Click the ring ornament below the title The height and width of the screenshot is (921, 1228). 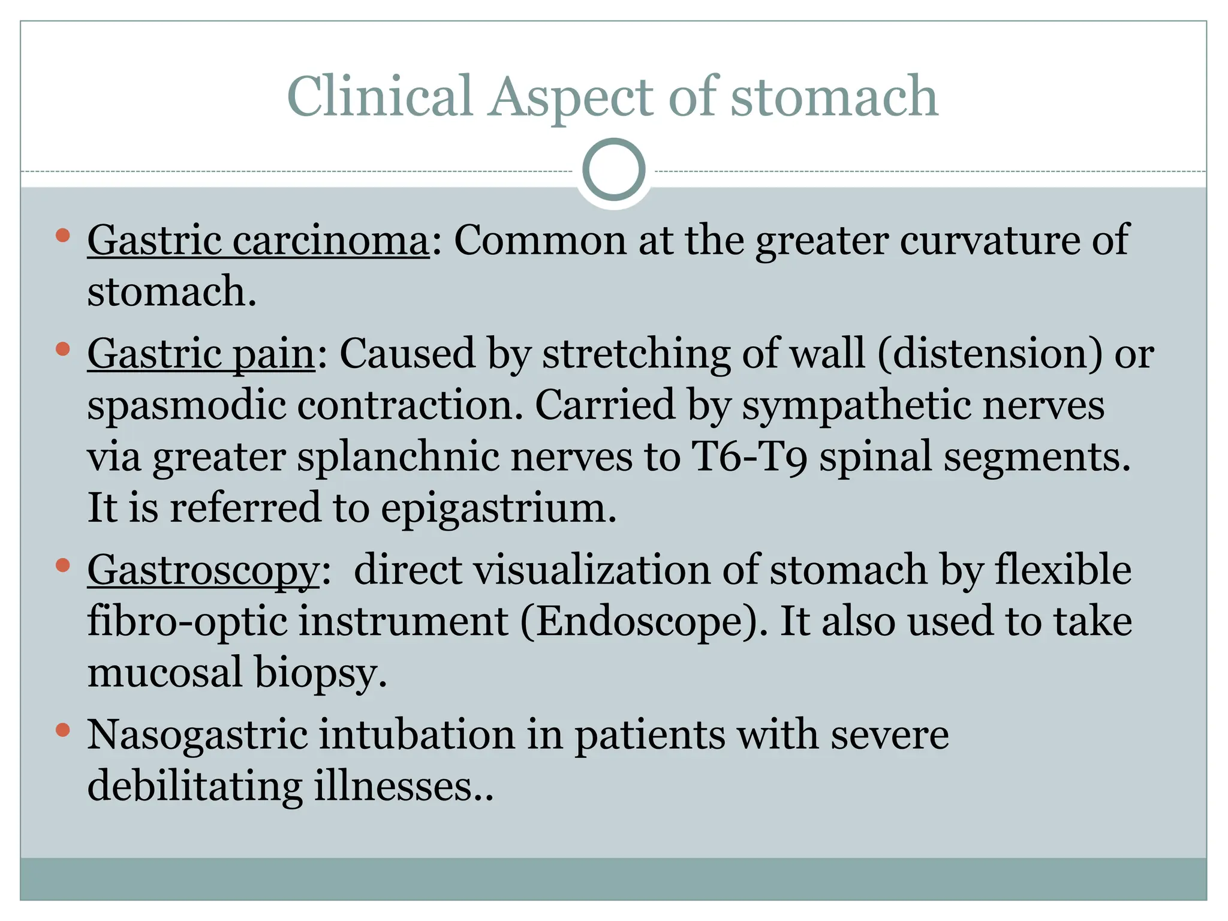[x=613, y=170]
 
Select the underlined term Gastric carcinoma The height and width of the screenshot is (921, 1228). [x=258, y=240]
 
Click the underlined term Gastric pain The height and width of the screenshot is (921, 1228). [x=201, y=353]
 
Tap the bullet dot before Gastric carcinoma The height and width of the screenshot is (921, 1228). [x=62, y=236]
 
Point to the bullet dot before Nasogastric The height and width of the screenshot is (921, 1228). [x=62, y=730]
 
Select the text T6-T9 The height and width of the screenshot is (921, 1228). [x=749, y=457]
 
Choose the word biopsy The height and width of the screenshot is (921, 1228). [x=321, y=673]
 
